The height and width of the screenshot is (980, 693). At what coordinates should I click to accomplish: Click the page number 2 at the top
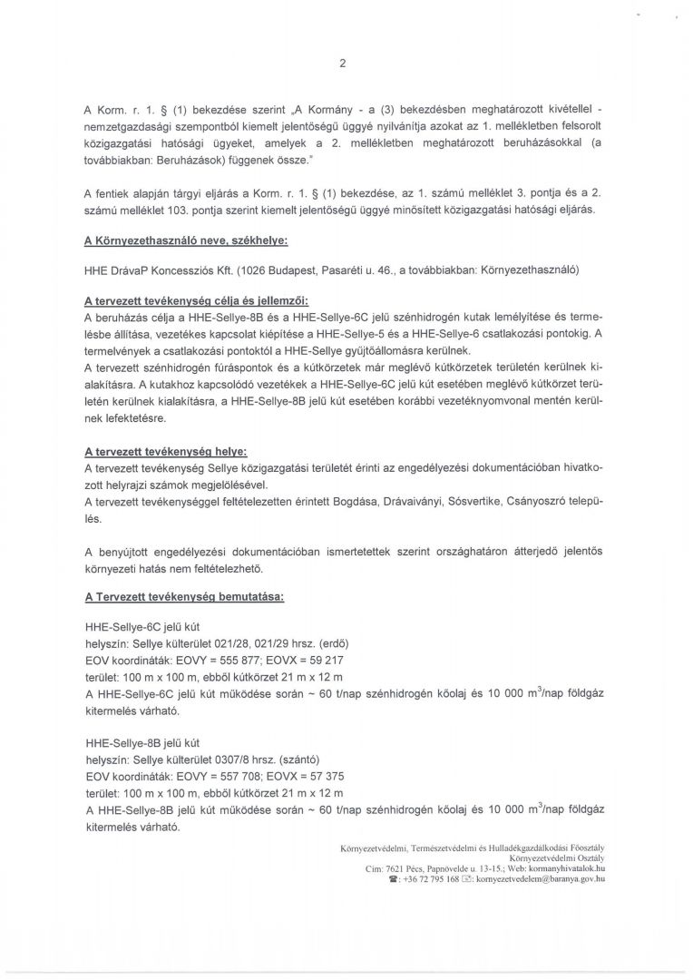pos(342,63)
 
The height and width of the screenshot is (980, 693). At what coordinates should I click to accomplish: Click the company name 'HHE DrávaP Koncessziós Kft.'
pos(155,271)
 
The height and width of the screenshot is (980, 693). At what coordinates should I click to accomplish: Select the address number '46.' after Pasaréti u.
pos(387,271)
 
